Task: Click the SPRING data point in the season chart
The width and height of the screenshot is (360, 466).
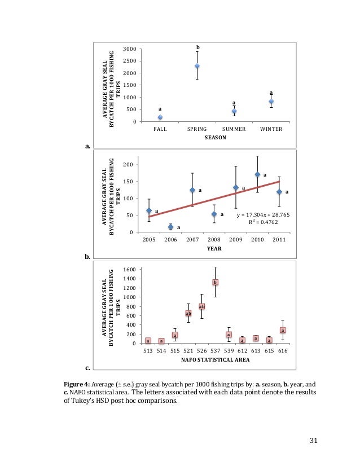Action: pyautogui.click(x=197, y=66)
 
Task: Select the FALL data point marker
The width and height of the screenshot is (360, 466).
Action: pyautogui.click(x=160, y=117)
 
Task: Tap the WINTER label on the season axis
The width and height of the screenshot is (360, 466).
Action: pyautogui.click(x=271, y=129)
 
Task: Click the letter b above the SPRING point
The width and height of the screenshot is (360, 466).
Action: pyautogui.click(x=197, y=47)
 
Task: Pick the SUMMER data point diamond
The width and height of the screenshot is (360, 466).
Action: pyautogui.click(x=234, y=112)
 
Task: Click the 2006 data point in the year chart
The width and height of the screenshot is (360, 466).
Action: pyautogui.click(x=170, y=227)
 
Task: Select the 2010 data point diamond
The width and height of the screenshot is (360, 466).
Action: pyautogui.click(x=257, y=174)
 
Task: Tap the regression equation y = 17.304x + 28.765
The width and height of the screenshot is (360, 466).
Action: pyautogui.click(x=249, y=215)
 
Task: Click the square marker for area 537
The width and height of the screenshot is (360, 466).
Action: pyautogui.click(x=215, y=282)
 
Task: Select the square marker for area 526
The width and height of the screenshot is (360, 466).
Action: pyautogui.click(x=201, y=306)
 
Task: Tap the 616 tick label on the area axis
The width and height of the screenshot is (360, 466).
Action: pyautogui.click(x=283, y=350)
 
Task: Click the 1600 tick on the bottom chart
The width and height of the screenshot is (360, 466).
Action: pyautogui.click(x=129, y=270)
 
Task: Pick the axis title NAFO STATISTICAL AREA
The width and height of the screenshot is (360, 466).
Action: pyautogui.click(x=215, y=359)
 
